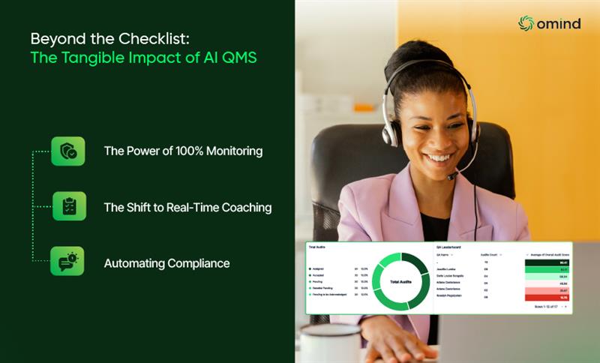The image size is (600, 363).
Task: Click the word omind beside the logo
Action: click(x=559, y=24)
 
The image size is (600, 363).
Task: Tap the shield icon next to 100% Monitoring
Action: click(x=67, y=151)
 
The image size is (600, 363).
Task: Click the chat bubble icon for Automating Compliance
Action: click(x=67, y=261)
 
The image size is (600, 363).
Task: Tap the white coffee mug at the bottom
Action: click(x=331, y=344)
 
